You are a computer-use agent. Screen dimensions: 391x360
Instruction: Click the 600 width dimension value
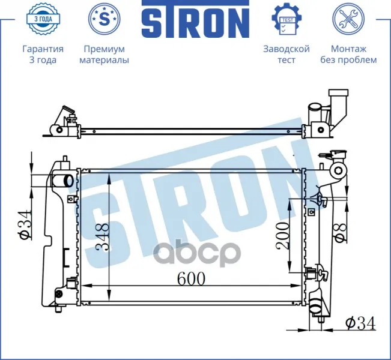click(191, 278)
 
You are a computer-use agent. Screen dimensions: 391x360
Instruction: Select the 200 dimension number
click(282, 236)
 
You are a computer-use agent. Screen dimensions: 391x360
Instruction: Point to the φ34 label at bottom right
click(360, 323)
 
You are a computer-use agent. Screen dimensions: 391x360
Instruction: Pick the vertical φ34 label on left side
click(25, 225)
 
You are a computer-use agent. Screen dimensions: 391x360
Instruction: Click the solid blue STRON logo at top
click(196, 19)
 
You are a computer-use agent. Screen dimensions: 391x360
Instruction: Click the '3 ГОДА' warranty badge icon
click(43, 19)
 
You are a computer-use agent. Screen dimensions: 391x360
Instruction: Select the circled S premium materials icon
click(105, 19)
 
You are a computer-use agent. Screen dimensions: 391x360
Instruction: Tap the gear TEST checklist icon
click(286, 19)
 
